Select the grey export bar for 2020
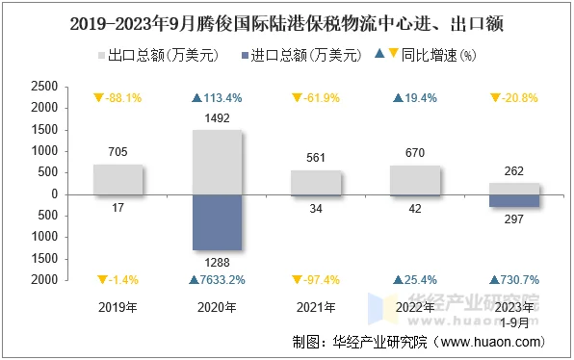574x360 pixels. [x=217, y=162]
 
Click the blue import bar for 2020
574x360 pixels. [x=217, y=221]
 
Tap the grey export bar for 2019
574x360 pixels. [x=117, y=179]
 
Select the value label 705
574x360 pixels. [x=117, y=152]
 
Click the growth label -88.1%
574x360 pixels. [x=117, y=97]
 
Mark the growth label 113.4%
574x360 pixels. [x=217, y=97]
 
